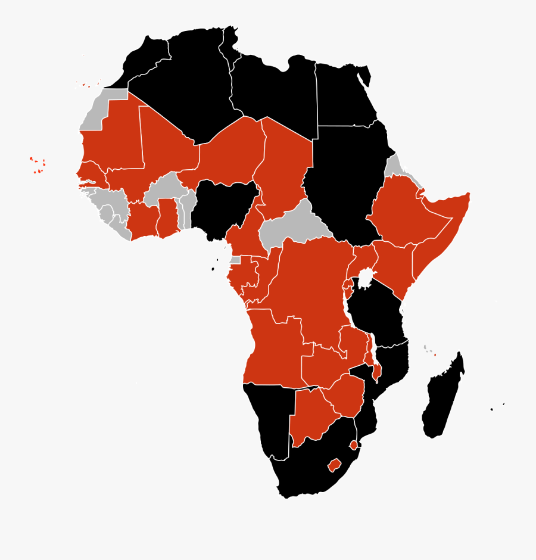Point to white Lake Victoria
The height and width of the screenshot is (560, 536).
tap(366, 278)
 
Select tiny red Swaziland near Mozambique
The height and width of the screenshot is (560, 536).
tap(354, 445)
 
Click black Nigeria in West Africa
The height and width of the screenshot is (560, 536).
tap(222, 209)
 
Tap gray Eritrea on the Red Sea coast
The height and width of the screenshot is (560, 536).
tap(394, 166)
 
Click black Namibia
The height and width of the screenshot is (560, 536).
tap(268, 417)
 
